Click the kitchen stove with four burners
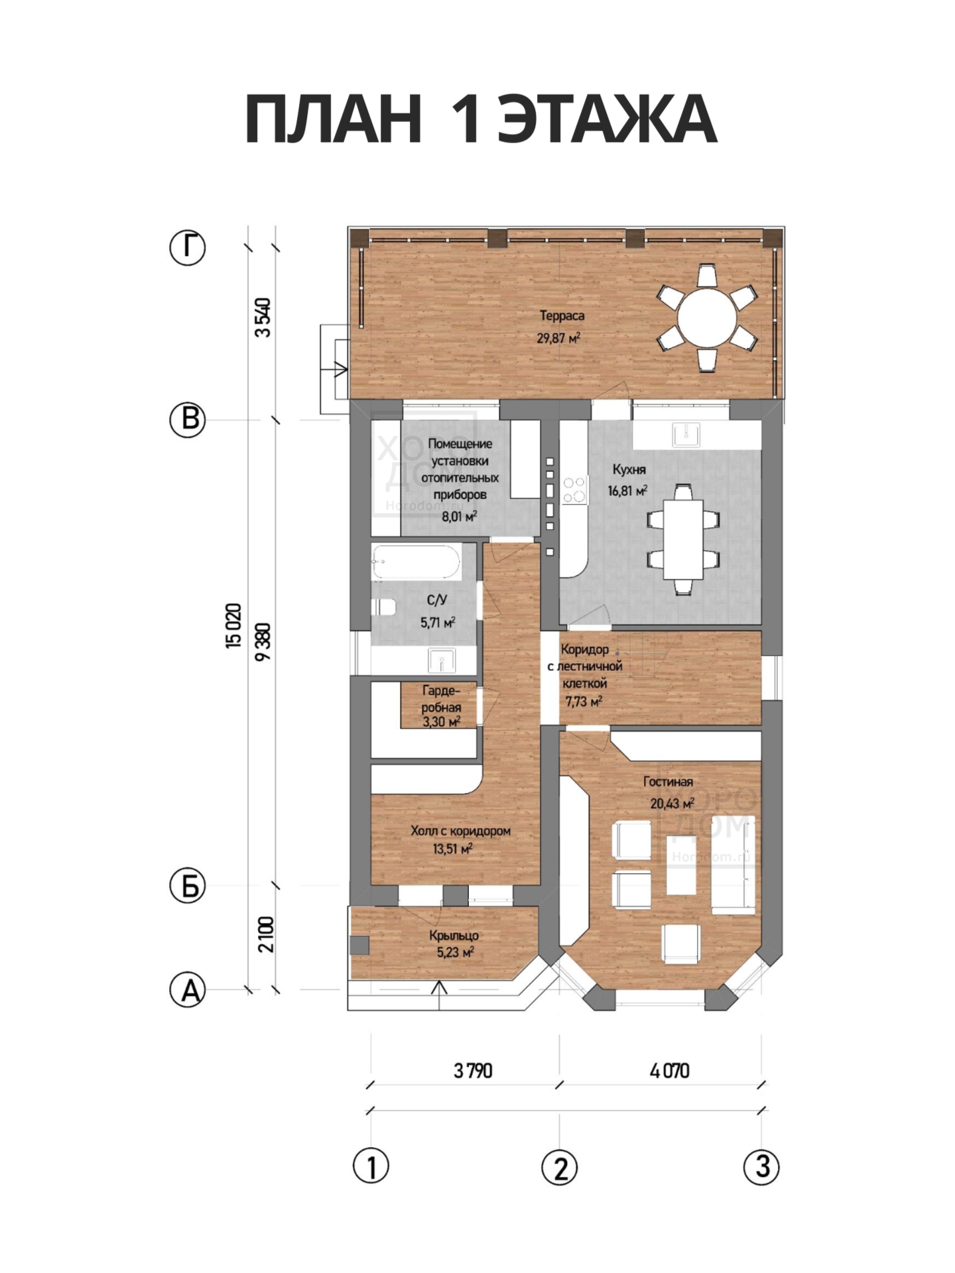click(574, 490)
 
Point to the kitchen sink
click(685, 435)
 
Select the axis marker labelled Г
click(188, 247)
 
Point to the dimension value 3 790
click(473, 1071)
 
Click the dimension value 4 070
click(670, 1071)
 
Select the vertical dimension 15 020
click(233, 625)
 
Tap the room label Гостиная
click(668, 782)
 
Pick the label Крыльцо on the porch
click(454, 936)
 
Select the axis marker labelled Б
click(189, 886)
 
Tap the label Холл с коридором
click(461, 831)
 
